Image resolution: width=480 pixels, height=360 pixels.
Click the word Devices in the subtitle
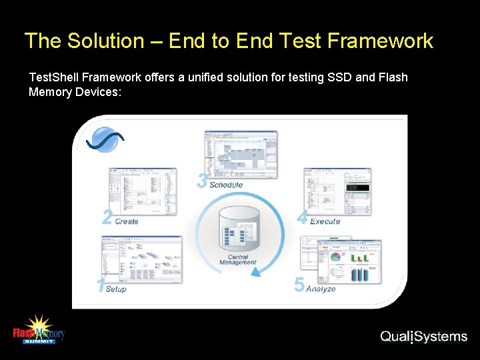(x=97, y=92)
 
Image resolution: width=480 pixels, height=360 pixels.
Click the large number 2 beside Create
(x=107, y=217)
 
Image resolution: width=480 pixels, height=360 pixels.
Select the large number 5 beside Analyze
(x=299, y=285)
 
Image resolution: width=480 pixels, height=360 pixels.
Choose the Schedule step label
(x=226, y=185)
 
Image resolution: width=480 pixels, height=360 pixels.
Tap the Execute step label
(x=325, y=221)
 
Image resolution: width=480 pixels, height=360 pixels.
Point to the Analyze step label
(x=321, y=289)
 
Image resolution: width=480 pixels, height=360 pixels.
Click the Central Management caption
(x=238, y=260)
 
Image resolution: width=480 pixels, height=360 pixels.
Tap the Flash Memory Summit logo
(x=39, y=329)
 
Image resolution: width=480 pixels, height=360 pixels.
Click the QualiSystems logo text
(x=423, y=337)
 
